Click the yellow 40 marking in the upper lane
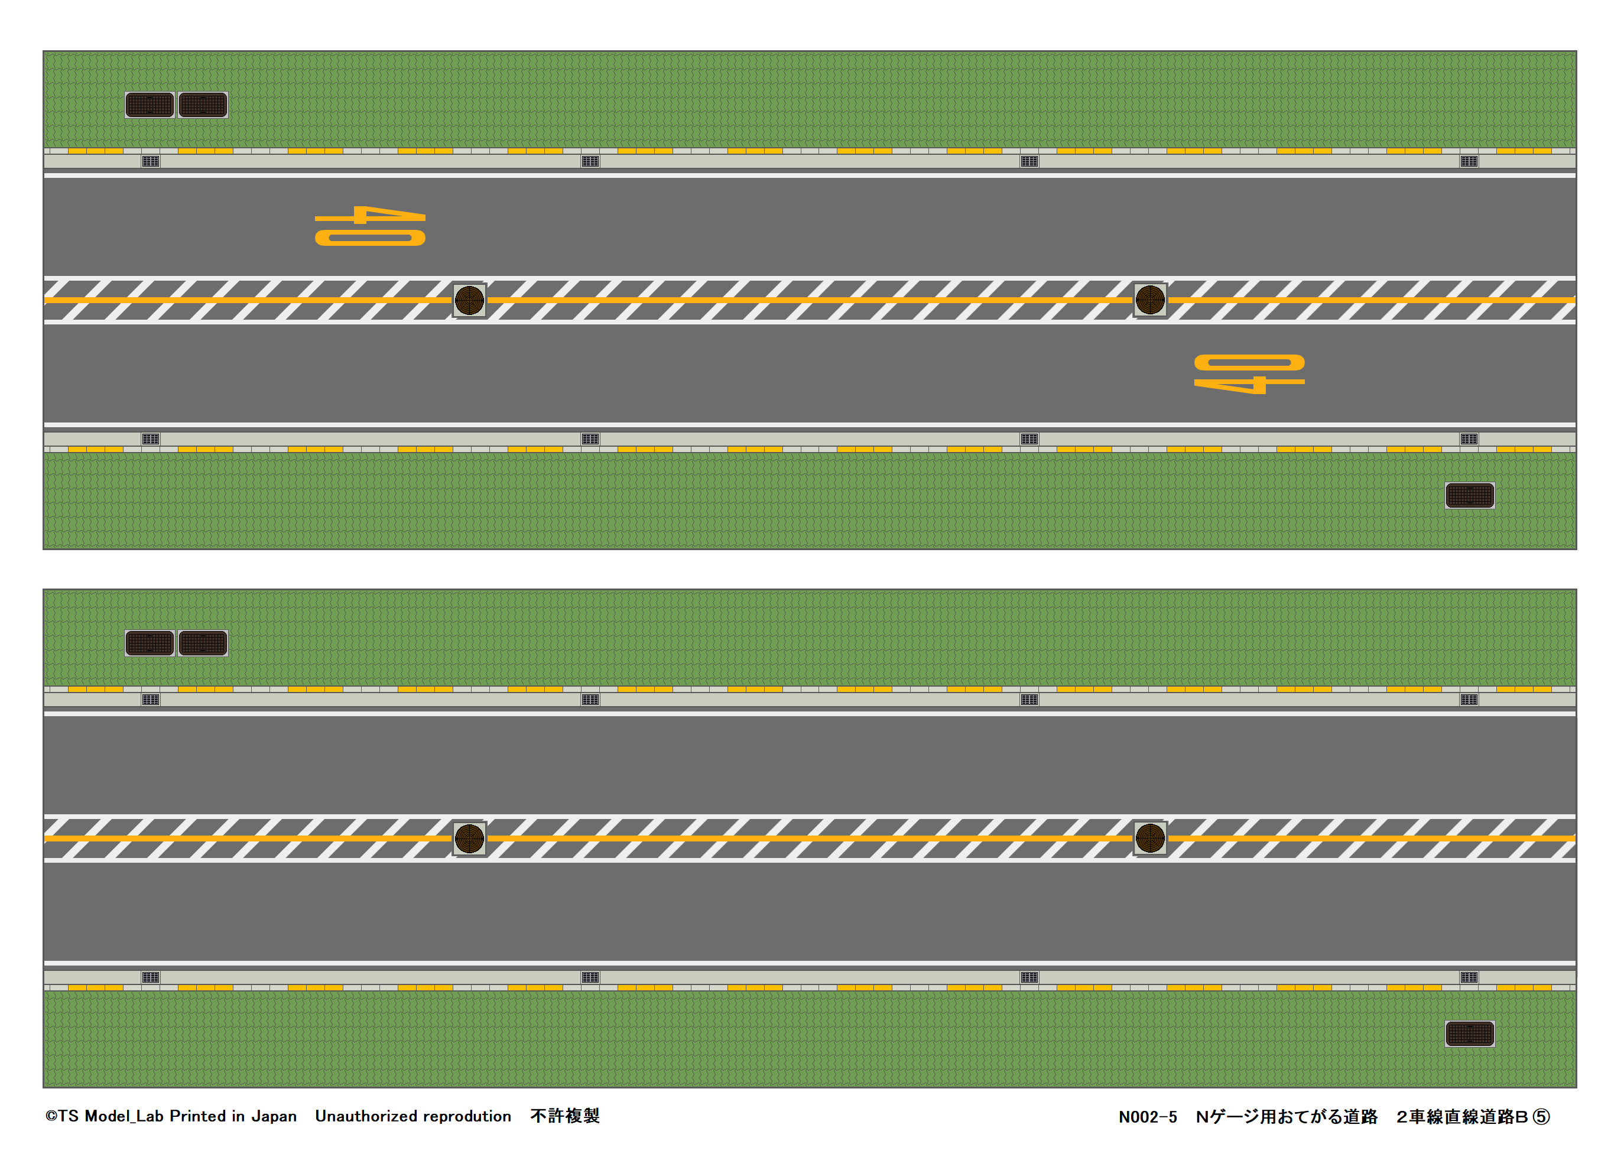pyautogui.click(x=370, y=226)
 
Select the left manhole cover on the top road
pyautogui.click(x=470, y=300)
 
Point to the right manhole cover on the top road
pyautogui.click(x=1150, y=300)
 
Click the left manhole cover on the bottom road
pyautogui.click(x=470, y=838)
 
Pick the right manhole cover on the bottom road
pyautogui.click(x=1150, y=838)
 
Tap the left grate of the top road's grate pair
pyautogui.click(x=150, y=105)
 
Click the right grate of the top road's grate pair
pyautogui.click(x=203, y=105)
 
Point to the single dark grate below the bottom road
pyautogui.click(x=1469, y=1034)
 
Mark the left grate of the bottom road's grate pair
pyautogui.click(x=150, y=643)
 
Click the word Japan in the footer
pyautogui.click(x=274, y=1116)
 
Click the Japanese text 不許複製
pyautogui.click(x=564, y=1116)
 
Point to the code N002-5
pyautogui.click(x=1147, y=1117)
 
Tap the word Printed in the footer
pyautogui.click(x=197, y=1116)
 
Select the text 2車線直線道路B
pyautogui.click(x=1461, y=1117)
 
